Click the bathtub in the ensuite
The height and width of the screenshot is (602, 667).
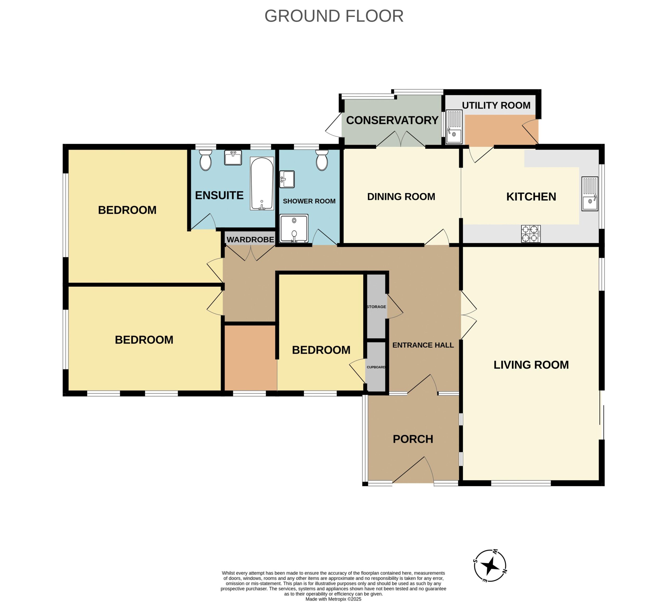coord(262,183)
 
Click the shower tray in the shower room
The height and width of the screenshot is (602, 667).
coord(294,229)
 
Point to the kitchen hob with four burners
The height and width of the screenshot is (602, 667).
coord(531,234)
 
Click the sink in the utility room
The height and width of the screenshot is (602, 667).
coord(454,127)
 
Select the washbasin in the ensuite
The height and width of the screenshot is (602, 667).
coord(233,157)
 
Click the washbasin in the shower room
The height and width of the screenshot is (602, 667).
coord(287,179)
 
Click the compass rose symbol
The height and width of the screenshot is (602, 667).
coord(490,566)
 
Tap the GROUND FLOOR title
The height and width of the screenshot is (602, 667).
coord(334,16)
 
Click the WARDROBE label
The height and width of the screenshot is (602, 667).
coord(250,239)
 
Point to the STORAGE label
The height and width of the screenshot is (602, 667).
coord(376,307)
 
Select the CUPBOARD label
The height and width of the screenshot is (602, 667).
coord(376,367)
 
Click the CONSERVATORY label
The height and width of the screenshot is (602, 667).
coord(392,120)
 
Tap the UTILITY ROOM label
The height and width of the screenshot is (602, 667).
coord(496,105)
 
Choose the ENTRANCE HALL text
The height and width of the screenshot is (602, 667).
coord(423,345)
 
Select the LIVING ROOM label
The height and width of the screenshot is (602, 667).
coord(531,365)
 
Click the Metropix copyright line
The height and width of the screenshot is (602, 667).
coord(333,599)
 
